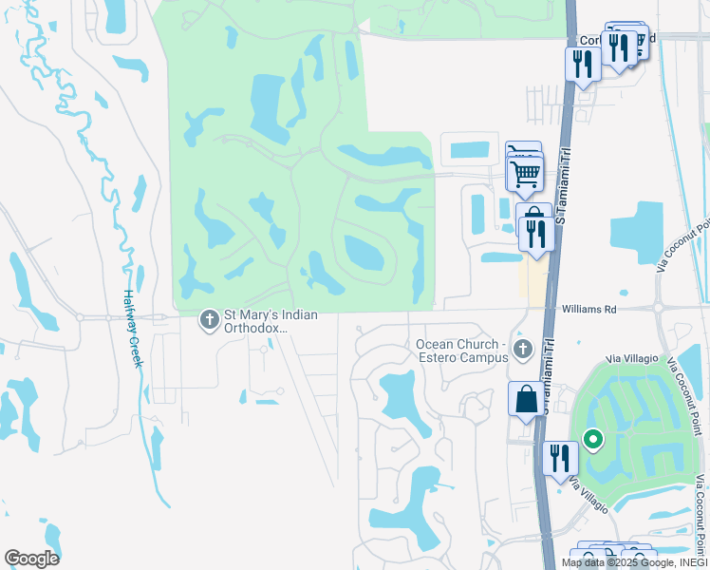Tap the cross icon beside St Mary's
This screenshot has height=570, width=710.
(208, 321)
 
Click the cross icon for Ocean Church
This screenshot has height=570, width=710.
(521, 350)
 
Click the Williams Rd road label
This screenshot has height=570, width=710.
(589, 309)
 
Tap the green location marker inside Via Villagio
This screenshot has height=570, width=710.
(593, 440)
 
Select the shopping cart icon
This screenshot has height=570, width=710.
(525, 174)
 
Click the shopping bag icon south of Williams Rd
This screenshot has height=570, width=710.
(527, 401)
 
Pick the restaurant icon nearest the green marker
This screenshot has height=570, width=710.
(560, 459)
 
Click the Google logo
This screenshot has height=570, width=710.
(31, 559)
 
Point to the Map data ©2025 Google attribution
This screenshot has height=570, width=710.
(634, 562)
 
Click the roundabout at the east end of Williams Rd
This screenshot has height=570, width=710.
(658, 308)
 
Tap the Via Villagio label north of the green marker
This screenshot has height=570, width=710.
(631, 359)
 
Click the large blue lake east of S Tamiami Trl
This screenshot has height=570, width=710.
(637, 232)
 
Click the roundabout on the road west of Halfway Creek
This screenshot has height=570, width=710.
(81, 316)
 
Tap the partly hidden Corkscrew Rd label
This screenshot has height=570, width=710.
(589, 41)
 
